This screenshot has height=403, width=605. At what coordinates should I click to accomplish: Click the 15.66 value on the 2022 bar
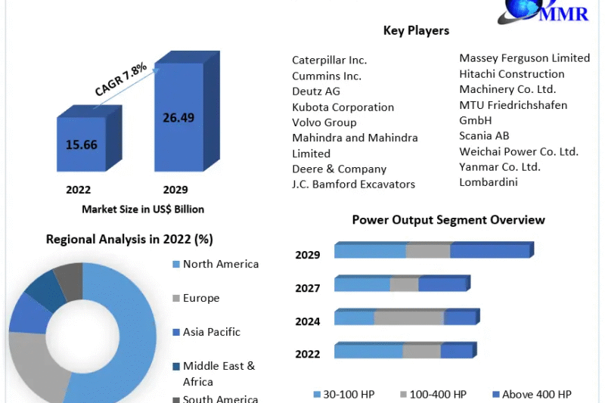coord(81,144)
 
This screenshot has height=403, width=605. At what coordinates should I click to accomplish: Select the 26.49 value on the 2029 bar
coord(178,117)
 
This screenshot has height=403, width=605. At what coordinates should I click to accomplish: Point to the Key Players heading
coord(416,31)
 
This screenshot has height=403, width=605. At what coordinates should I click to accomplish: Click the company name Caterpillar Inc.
coord(329,60)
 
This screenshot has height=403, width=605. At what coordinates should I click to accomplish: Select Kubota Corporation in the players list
coord(343,107)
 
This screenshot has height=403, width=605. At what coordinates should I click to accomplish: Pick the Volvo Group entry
coord(324,122)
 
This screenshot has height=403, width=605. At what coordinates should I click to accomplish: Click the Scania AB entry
coord(484,136)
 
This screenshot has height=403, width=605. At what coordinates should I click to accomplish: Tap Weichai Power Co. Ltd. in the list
coord(518,151)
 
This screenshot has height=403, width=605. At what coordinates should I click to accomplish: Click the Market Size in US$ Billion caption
coord(143,209)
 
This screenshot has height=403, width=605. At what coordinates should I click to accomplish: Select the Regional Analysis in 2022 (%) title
coord(129,240)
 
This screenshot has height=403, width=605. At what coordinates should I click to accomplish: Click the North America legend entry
coord(220,264)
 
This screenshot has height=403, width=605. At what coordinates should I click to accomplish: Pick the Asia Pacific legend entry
coord(211,332)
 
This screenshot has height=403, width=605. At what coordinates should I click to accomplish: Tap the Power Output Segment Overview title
coord(448,220)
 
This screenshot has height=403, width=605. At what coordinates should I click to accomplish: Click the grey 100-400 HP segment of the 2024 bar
coord(408,318)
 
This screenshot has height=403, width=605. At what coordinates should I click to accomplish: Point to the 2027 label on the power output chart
coord(308,288)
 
